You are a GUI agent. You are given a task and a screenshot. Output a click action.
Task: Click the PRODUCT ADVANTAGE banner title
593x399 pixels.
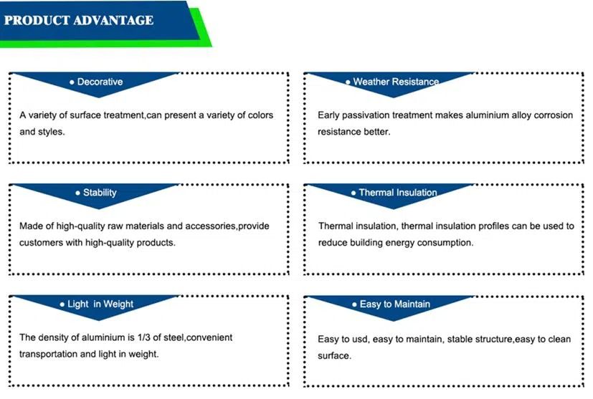[79, 20]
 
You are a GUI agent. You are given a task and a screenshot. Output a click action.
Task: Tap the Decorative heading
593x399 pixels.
[100, 82]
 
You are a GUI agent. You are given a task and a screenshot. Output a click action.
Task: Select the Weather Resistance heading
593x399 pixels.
[396, 82]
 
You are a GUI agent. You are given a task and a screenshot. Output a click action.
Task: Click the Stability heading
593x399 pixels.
[100, 193]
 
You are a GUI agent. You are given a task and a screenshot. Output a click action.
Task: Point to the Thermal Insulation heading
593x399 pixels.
[398, 192]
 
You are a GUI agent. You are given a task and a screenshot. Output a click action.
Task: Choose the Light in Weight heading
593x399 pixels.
[100, 304]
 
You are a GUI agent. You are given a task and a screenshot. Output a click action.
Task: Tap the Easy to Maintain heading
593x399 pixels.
[395, 304]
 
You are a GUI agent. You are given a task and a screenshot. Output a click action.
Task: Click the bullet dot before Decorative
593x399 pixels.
[72, 82]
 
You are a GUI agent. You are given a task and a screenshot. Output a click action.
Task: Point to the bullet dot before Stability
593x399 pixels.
[77, 193]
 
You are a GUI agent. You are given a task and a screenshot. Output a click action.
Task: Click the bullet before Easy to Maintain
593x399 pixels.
[354, 304]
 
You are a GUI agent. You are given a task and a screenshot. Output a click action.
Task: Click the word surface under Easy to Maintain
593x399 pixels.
[333, 355]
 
